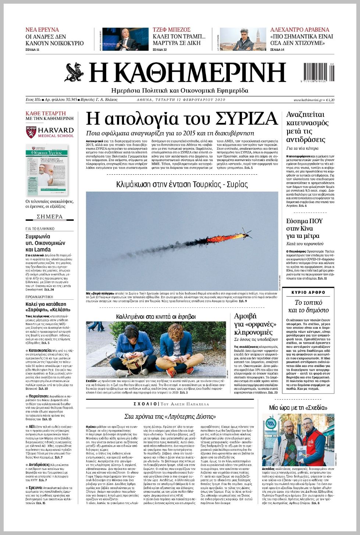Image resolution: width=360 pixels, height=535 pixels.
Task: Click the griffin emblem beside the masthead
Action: point(75,72)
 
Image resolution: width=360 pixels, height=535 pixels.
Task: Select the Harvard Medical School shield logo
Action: point(31,132)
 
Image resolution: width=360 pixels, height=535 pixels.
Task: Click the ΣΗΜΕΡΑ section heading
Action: point(50,217)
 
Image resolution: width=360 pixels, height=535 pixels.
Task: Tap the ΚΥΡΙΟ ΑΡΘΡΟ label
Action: point(308,292)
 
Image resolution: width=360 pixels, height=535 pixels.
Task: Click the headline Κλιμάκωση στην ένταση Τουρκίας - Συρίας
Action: point(182,184)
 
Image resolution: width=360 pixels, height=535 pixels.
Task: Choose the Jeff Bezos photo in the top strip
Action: point(125,39)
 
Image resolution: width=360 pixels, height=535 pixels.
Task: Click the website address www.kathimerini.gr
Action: point(308,100)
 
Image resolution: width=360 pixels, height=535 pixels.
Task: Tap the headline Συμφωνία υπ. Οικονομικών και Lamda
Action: point(45,243)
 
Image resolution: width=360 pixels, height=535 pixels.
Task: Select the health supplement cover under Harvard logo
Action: point(47,170)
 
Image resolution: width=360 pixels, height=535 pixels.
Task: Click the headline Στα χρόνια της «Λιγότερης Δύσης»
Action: point(170,416)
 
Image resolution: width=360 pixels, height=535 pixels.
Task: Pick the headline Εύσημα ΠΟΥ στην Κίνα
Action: point(304,228)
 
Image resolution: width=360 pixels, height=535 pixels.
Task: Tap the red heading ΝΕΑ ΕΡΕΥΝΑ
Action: point(42,29)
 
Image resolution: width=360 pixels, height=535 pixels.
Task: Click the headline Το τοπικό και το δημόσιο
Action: point(308,306)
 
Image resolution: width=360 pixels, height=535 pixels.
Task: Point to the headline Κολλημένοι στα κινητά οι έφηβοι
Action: point(156,316)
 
